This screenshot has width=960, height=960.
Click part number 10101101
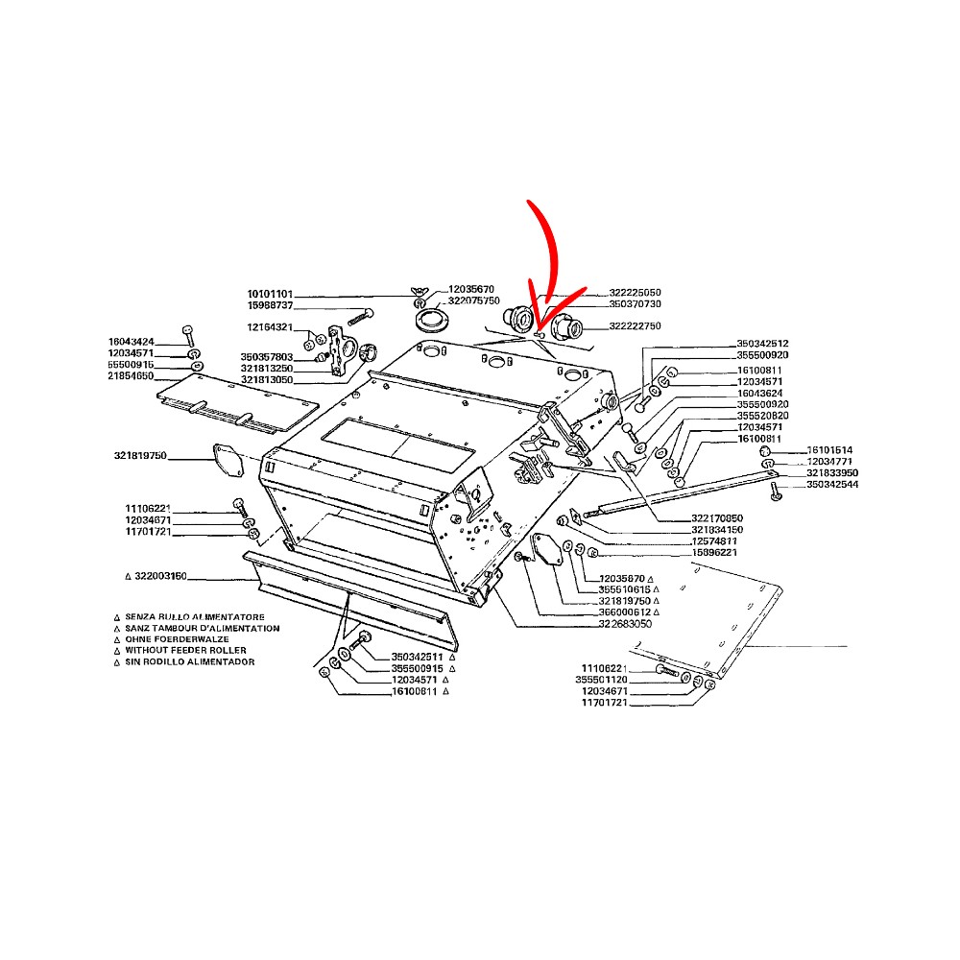click(x=270, y=293)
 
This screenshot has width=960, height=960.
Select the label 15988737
click(x=270, y=305)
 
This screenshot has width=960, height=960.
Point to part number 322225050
click(x=635, y=292)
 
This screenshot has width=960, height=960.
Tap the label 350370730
click(x=635, y=303)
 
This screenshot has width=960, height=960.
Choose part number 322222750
click(x=635, y=326)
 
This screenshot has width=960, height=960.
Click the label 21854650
click(x=131, y=376)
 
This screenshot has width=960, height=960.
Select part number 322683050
click(x=625, y=624)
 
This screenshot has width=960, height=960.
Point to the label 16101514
click(x=829, y=450)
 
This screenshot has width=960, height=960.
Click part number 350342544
click(x=831, y=485)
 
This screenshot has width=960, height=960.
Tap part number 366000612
click(x=624, y=612)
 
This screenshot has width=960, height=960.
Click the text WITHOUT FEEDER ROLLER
click(x=185, y=651)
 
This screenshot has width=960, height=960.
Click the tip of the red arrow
click(x=540, y=329)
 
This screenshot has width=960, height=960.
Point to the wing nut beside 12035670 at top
click(x=420, y=292)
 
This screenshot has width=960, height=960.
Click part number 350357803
click(x=267, y=357)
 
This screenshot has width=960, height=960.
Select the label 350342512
click(x=762, y=344)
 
